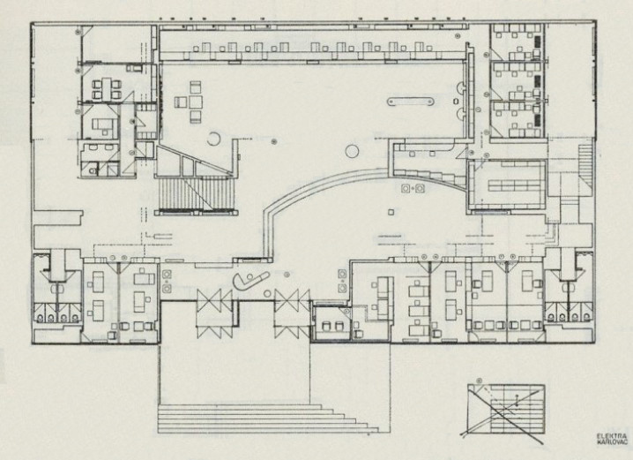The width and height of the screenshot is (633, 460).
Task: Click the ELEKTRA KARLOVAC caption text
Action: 612,439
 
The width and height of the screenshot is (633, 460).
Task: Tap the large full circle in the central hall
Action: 353,152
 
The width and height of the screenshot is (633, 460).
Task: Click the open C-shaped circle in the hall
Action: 213,139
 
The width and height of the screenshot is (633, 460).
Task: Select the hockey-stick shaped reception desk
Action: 250,281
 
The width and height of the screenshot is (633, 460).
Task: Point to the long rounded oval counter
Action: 411,101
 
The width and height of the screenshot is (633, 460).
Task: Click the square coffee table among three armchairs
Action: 196,101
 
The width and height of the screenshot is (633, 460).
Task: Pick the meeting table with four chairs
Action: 107,89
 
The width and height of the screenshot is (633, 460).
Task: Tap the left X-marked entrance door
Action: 214,313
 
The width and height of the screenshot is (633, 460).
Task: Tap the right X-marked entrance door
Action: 293,313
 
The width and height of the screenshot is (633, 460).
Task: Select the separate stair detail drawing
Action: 506,411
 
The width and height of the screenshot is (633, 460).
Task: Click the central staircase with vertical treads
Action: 196,193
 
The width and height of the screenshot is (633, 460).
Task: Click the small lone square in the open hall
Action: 391,211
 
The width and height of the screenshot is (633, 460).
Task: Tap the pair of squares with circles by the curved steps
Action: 413,188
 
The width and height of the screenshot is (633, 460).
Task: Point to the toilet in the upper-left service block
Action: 93,170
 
